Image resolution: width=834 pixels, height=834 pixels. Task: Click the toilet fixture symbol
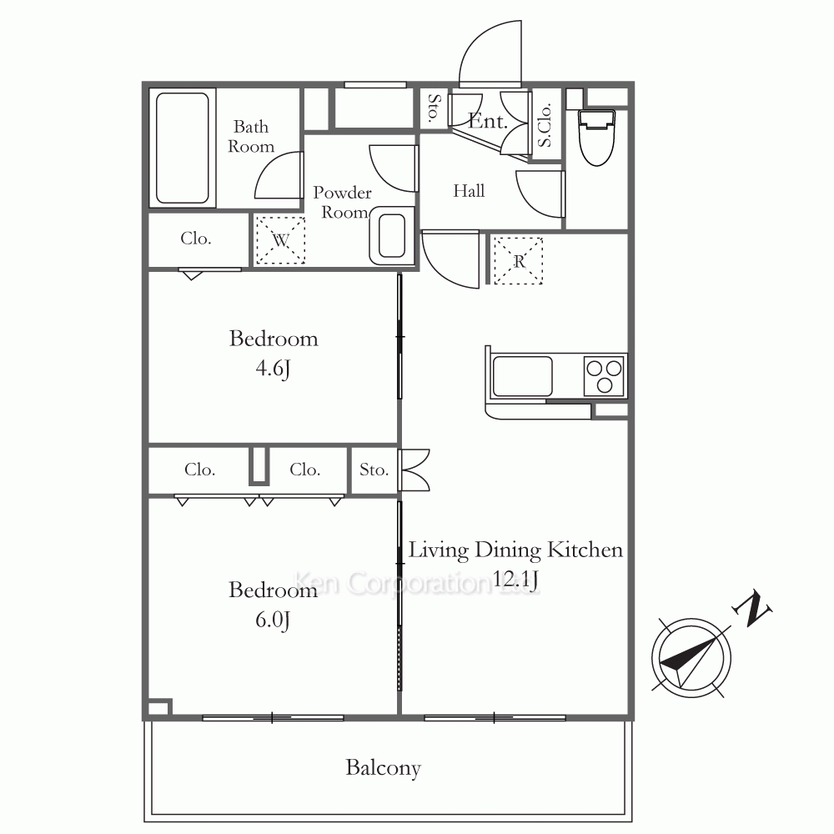click(597, 138)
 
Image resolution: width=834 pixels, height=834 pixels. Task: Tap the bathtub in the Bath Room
click(183, 148)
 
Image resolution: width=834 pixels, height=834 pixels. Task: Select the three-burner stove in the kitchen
click(604, 375)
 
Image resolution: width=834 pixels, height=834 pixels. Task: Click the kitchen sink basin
click(522, 377)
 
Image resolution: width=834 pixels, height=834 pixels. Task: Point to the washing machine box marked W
click(280, 240)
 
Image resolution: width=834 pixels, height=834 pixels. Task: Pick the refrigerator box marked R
click(518, 260)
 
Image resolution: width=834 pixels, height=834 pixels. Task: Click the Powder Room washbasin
click(392, 236)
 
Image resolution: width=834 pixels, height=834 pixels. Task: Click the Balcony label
click(383, 768)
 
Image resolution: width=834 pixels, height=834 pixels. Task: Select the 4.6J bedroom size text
click(273, 368)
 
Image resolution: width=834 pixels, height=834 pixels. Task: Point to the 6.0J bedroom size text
click(273, 620)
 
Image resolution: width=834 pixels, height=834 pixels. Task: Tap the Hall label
click(469, 190)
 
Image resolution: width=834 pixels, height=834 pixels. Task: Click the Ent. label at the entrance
click(487, 121)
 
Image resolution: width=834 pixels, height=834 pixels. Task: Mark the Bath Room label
click(250, 137)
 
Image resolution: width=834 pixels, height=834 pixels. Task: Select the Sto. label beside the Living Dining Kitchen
click(374, 470)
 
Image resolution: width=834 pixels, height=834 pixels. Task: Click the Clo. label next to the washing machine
click(196, 239)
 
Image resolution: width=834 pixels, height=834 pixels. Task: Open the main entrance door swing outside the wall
click(490, 53)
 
